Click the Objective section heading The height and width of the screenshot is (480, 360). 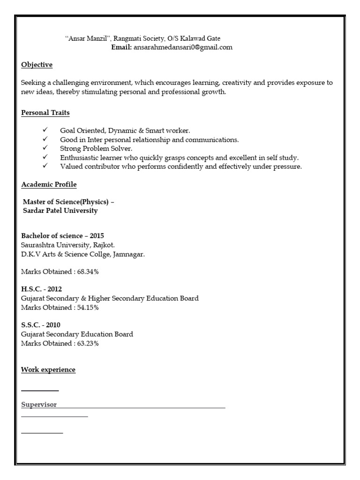tap(37, 65)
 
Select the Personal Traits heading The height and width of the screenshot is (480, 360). tap(45, 113)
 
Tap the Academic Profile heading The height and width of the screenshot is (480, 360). tap(49, 184)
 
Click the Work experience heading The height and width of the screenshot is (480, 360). tap(48, 370)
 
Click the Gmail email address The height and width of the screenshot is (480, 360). tap(183, 47)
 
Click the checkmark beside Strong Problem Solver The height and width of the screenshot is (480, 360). tap(45, 148)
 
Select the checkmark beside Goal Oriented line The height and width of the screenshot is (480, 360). tap(45, 130)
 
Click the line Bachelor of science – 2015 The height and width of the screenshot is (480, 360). tap(62, 236)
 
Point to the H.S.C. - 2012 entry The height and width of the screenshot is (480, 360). tap(41, 289)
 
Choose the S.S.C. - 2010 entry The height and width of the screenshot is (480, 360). tap(41, 325)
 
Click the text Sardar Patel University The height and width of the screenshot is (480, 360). tap(60, 211)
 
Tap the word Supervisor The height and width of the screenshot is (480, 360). tap(39, 405)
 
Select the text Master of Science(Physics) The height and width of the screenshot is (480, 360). tap(66, 202)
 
